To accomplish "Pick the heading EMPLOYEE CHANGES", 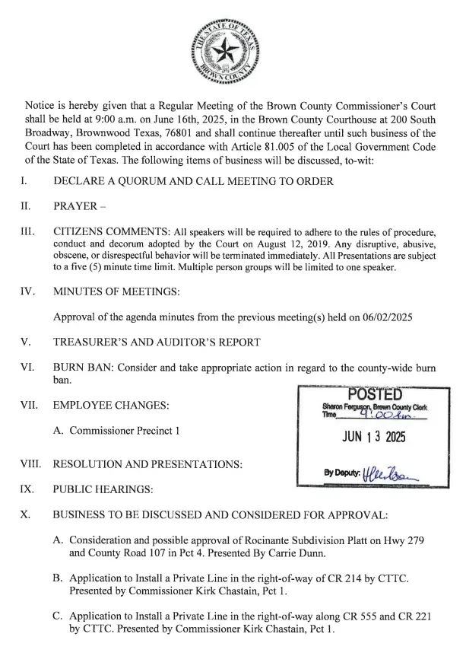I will [111, 404].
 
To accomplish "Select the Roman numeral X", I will [25, 514].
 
